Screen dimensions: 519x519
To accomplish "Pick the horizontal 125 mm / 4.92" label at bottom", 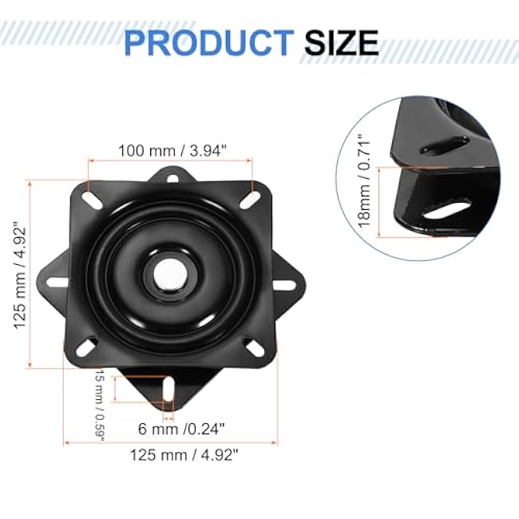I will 185,454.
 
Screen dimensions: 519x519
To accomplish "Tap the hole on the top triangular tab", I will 169,178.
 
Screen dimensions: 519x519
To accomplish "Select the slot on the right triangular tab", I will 283,284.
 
